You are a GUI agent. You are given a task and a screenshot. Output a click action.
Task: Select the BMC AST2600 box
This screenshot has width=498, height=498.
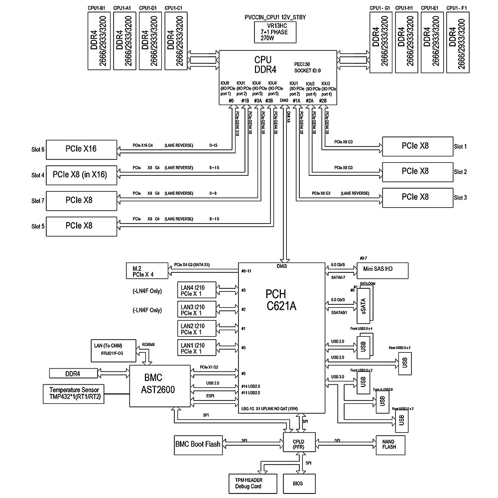160,383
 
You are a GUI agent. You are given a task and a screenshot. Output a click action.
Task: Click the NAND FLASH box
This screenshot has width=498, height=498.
389,444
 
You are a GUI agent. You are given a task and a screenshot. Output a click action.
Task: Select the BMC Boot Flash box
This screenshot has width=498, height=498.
198,444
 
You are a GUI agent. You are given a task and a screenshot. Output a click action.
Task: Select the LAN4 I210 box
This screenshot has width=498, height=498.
198,290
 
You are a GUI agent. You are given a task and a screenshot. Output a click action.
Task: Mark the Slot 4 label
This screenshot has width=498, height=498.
38,175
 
